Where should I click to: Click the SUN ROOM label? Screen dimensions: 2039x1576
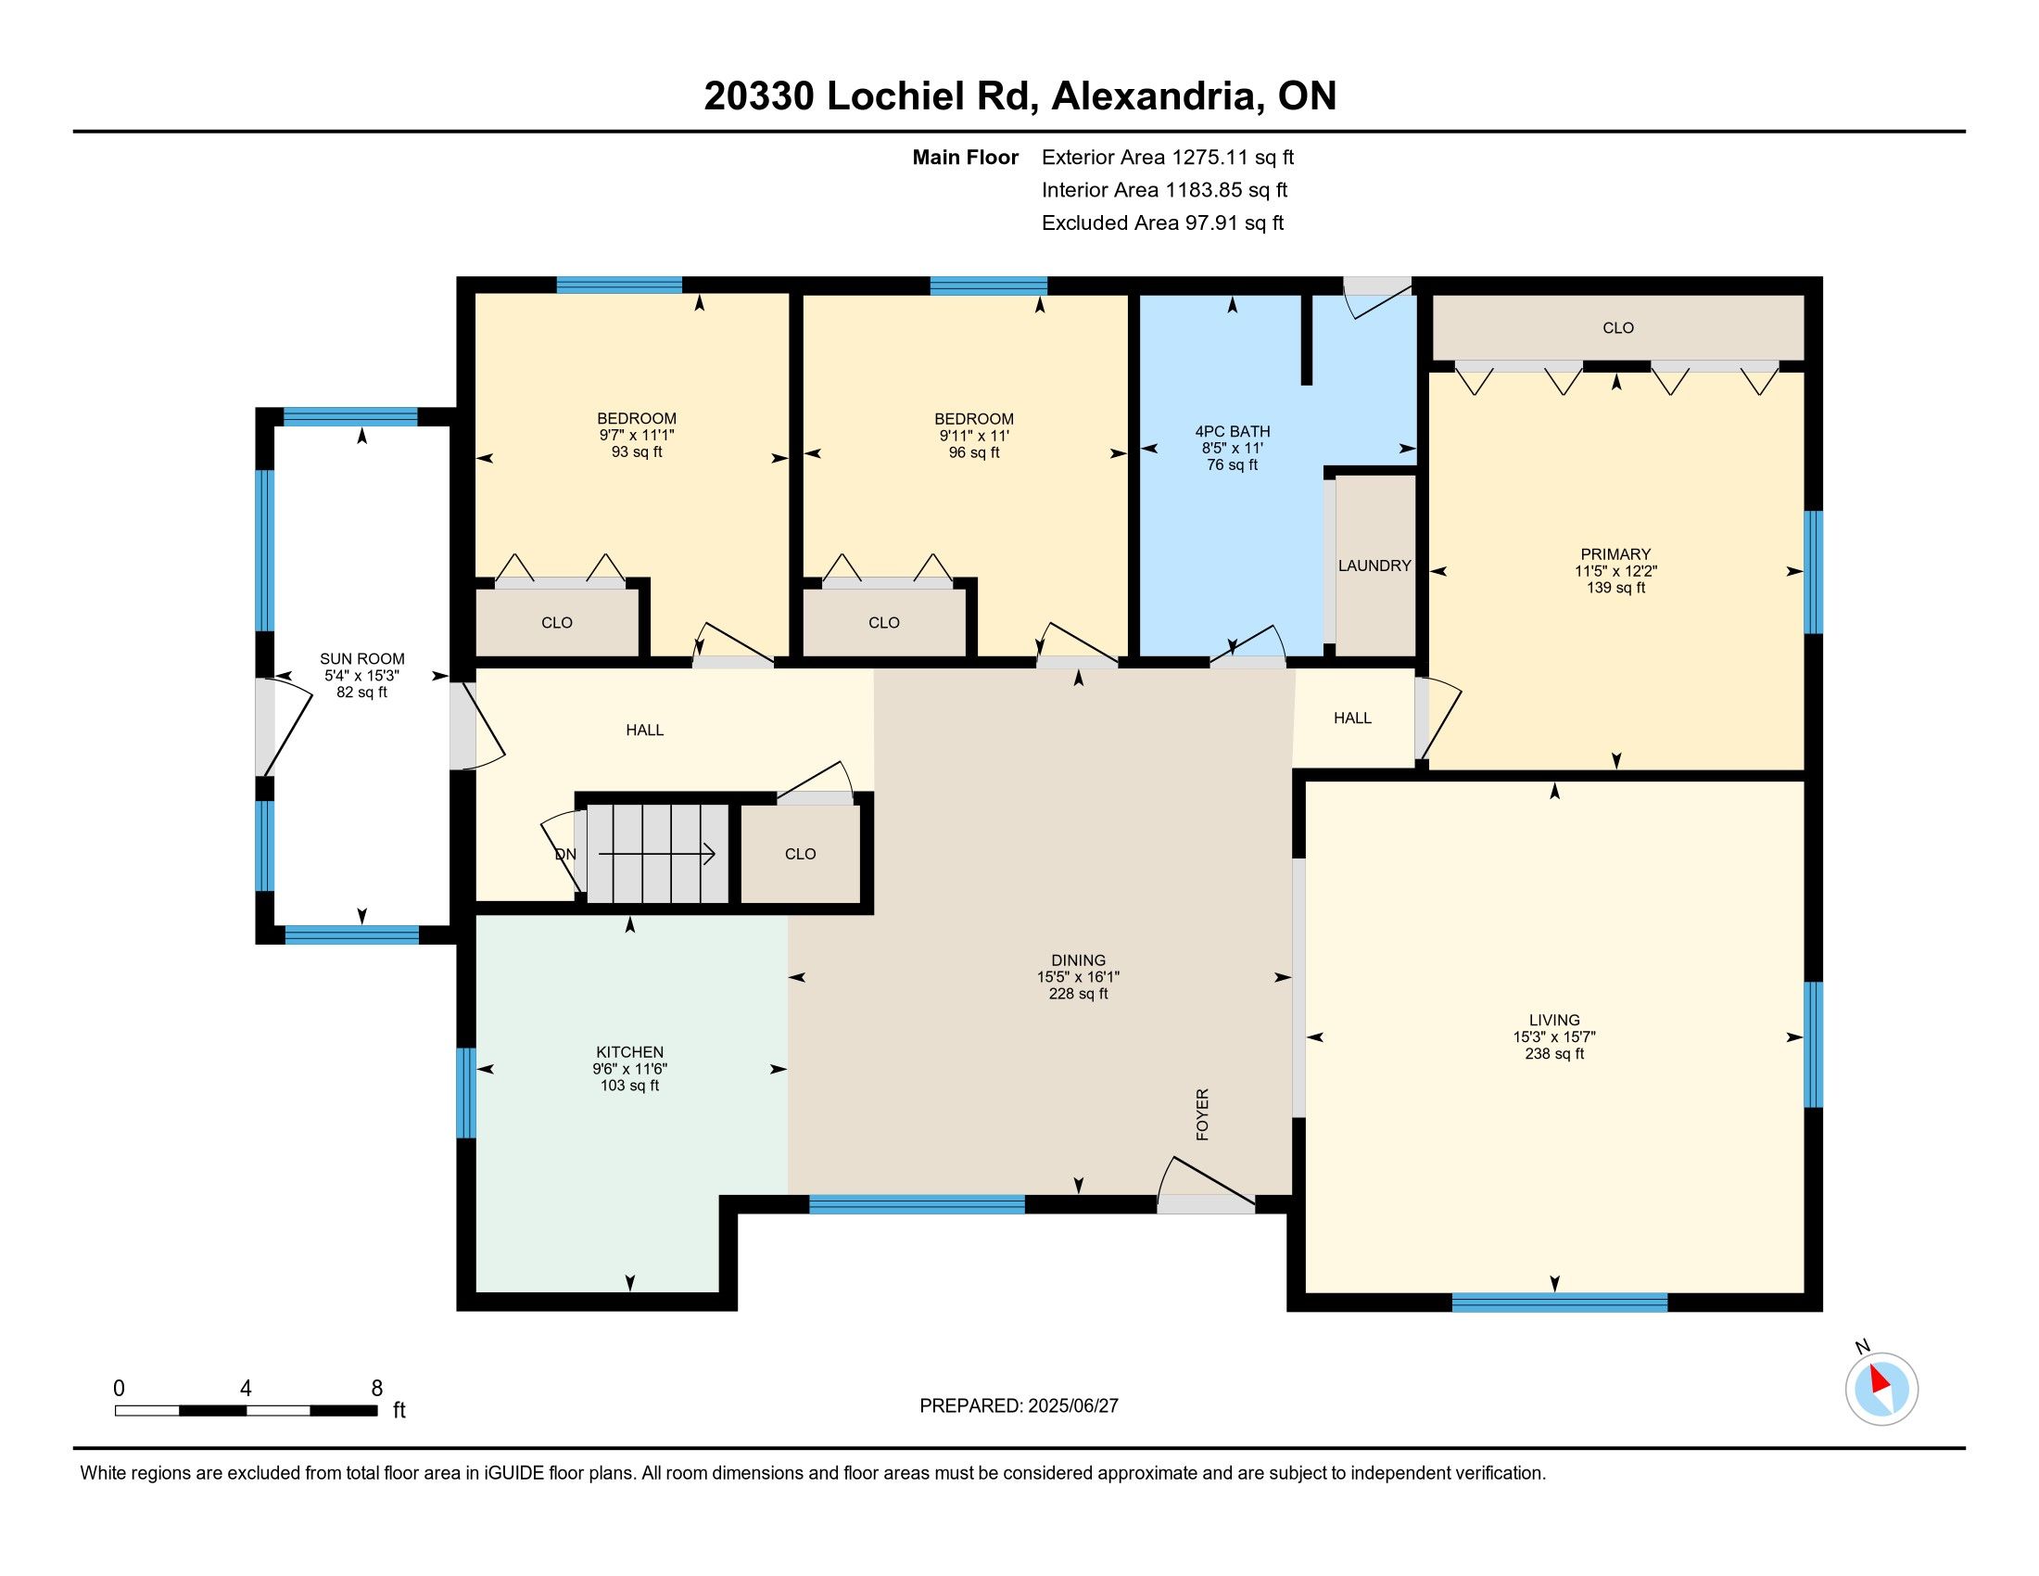(362, 658)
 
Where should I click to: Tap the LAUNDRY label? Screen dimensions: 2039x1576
(1374, 565)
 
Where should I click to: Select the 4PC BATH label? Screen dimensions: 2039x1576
(1233, 431)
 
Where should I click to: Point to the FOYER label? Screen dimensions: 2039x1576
(1202, 1113)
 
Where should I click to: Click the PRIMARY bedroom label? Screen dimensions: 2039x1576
(1616, 553)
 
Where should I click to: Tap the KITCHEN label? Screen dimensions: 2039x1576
(630, 1052)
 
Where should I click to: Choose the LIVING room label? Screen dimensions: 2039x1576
(1554, 1021)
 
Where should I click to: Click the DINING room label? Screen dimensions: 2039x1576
(1078, 960)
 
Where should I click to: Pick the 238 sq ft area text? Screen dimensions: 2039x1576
(1554, 1054)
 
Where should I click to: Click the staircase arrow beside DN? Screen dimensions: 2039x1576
(657, 853)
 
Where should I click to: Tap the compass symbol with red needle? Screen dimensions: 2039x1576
(1881, 1389)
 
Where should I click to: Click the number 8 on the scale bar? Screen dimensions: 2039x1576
(377, 1389)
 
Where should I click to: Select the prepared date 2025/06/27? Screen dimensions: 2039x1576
(1071, 1406)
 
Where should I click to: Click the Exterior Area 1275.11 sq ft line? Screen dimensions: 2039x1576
(1168, 158)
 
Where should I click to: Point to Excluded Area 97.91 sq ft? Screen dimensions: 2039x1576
(1163, 223)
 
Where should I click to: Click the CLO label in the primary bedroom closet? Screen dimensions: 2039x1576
(1618, 327)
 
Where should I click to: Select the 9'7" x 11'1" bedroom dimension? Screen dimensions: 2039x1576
(637, 435)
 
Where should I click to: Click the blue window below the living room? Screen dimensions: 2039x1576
(1559, 1302)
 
